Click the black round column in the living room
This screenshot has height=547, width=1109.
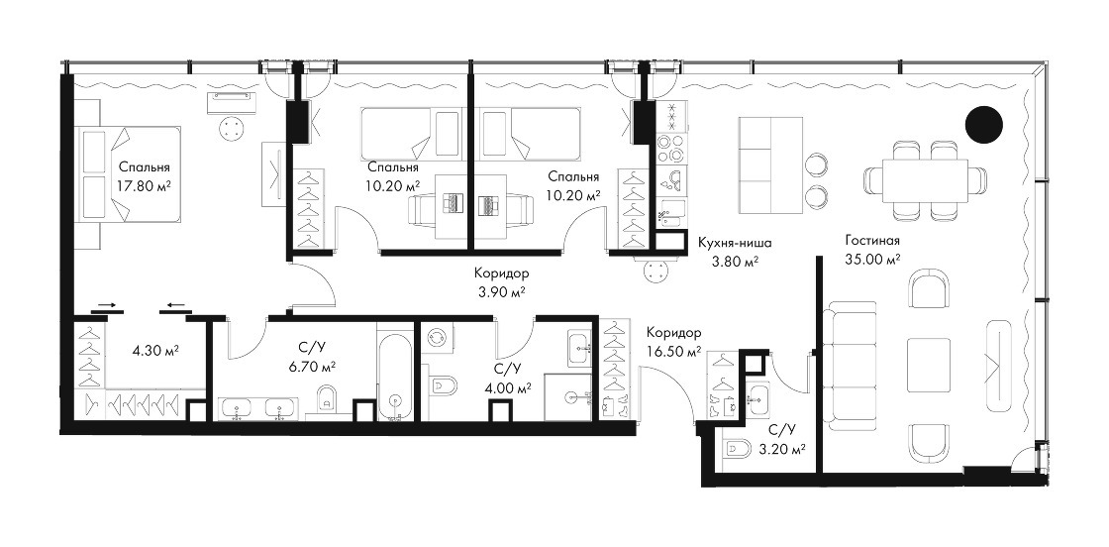[984, 124]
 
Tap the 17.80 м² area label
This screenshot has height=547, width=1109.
[146, 186]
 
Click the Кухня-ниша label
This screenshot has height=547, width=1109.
[734, 243]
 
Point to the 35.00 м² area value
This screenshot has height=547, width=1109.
[872, 260]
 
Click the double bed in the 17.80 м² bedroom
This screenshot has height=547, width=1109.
[130, 172]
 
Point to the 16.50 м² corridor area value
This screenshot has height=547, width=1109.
[674, 350]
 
